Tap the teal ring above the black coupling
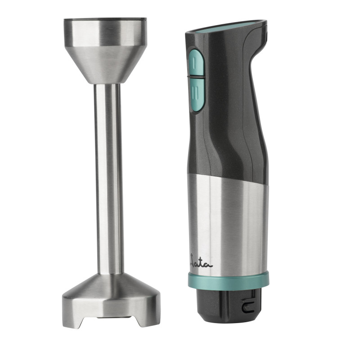229,281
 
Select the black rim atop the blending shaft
105,18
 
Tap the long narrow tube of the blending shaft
108,179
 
